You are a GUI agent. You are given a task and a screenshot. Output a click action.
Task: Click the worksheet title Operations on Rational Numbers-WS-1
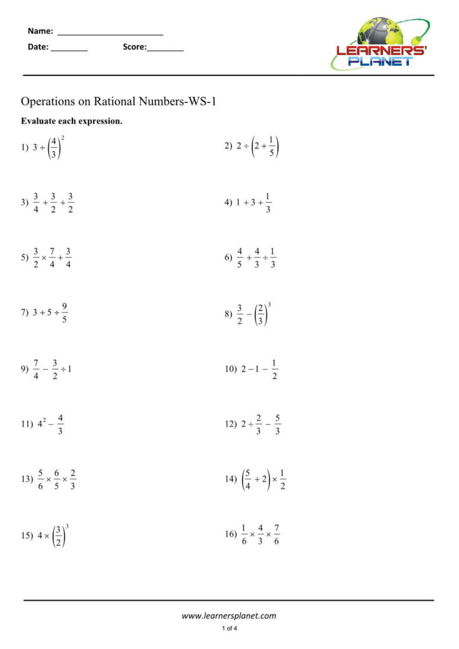click(119, 101)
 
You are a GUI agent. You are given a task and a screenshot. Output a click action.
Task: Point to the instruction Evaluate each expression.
click(72, 121)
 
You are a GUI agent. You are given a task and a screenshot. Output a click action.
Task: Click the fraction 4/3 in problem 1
click(55, 147)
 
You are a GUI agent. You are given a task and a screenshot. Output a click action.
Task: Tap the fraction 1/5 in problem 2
click(271, 147)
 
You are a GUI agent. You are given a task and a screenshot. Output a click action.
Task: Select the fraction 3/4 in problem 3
click(37, 203)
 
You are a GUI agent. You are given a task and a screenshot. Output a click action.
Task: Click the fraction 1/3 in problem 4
click(268, 203)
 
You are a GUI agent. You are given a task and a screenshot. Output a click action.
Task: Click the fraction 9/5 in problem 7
click(65, 313)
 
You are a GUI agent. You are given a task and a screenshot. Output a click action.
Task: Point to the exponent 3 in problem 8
click(269, 305)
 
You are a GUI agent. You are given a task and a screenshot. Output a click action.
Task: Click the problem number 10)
click(230, 368)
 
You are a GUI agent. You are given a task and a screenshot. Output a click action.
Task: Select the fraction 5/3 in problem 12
click(278, 424)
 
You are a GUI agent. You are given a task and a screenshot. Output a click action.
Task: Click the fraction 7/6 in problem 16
click(277, 534)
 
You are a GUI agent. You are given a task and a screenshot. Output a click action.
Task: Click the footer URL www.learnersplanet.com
click(229, 615)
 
